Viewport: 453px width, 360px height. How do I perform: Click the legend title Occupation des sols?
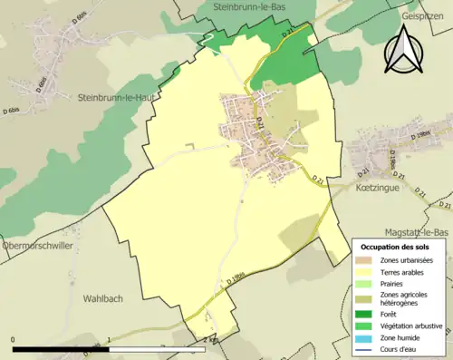397,247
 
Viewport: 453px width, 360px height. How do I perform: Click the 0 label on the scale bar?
14,340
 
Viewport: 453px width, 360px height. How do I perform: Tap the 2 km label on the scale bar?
207,340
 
